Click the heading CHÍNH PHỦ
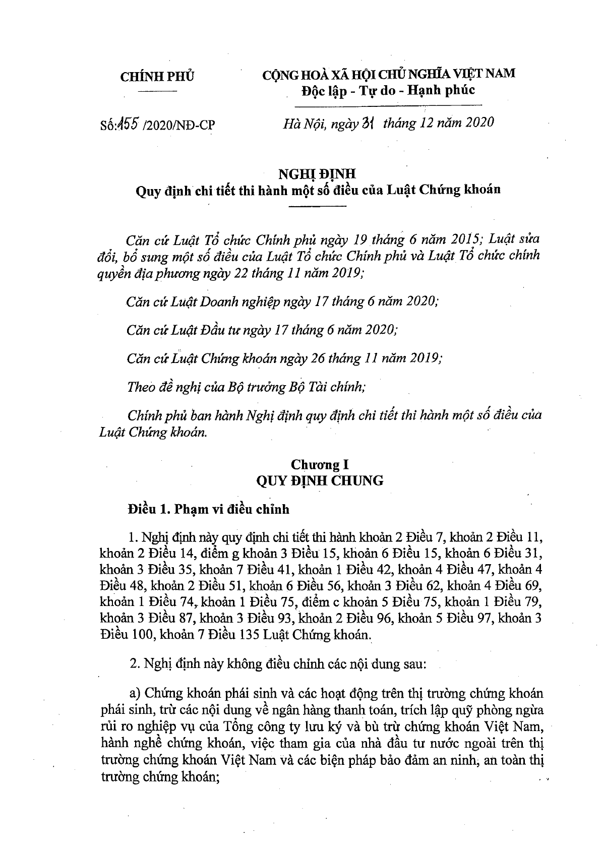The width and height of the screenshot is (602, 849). (157, 77)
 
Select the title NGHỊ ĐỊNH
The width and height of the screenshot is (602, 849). (318, 174)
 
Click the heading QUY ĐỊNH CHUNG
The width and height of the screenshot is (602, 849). (320, 480)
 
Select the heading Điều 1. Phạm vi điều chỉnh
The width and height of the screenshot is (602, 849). (209, 509)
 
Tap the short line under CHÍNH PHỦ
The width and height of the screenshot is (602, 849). (157, 91)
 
